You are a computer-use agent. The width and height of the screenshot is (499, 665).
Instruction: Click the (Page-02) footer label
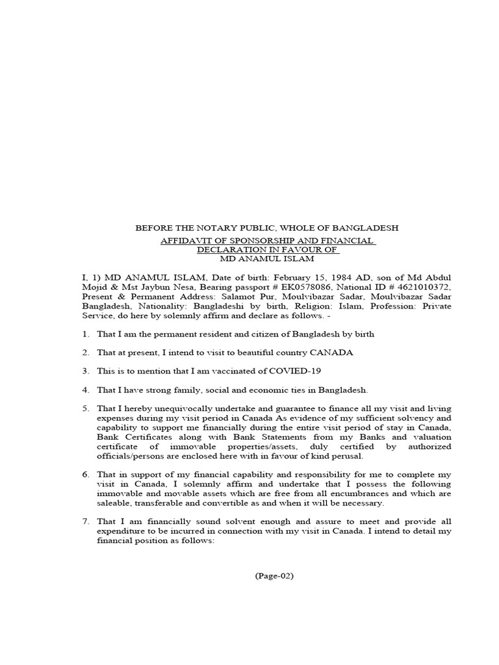[x=274, y=576]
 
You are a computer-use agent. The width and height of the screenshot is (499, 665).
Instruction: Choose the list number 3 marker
[x=85, y=371]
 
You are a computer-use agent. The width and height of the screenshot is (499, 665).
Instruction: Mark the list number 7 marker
[x=85, y=521]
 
